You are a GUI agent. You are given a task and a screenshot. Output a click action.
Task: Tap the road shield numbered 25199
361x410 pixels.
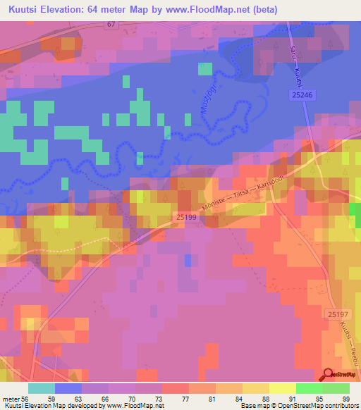coord(186,218)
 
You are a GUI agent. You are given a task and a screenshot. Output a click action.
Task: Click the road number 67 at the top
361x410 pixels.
coord(111,24)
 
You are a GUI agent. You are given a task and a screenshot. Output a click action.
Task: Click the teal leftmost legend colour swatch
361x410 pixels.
coord(42,387)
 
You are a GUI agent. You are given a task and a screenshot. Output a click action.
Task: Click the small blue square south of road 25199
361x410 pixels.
coord(188,261)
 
